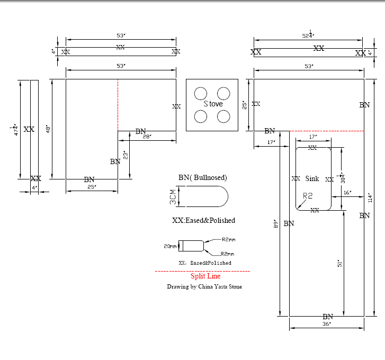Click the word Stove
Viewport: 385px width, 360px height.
coord(213,104)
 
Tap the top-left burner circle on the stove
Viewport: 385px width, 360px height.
coord(200,94)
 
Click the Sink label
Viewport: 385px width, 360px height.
coord(312,179)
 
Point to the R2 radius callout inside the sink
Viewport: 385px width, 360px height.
coord(308,196)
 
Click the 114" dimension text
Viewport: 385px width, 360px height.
coord(371,197)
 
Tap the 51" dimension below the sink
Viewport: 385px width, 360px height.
coord(340,263)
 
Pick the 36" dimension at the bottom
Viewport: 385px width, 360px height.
coord(326,323)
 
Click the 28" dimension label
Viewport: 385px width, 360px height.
coord(147,137)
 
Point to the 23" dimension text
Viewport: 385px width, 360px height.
coord(126,156)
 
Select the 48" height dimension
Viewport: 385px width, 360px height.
coord(47,129)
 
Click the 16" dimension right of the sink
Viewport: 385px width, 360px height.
coord(347,193)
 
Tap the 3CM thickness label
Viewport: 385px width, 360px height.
coord(173,199)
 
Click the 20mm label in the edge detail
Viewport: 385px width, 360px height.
coord(170,246)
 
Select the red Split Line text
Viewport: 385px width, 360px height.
coord(205,276)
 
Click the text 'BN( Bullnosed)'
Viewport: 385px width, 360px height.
coord(203,177)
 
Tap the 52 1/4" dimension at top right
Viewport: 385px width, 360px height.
coord(308,35)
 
